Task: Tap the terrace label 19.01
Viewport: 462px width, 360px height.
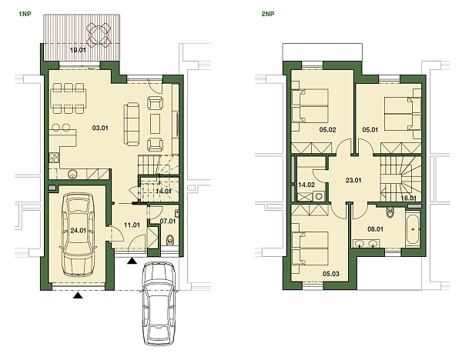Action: click(x=77, y=50)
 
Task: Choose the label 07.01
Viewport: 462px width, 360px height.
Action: click(x=167, y=222)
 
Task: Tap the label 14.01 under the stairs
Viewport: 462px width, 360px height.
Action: click(x=163, y=191)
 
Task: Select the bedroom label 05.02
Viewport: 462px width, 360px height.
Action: click(x=327, y=129)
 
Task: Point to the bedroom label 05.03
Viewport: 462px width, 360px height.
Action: click(x=332, y=272)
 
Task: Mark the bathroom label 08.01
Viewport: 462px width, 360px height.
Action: click(x=375, y=228)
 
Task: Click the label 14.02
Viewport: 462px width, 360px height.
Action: click(x=306, y=185)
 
